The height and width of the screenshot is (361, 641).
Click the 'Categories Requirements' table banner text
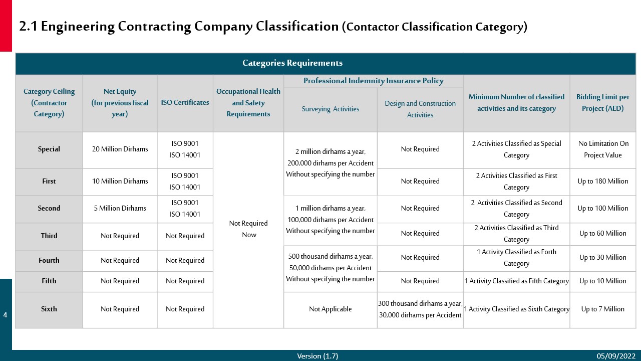[292, 63]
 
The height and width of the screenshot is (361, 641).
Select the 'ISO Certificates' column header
[185, 103]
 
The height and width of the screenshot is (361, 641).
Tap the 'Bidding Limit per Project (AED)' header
[602, 103]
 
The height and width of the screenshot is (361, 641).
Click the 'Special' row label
[49, 149]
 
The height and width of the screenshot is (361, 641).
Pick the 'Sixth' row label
[49, 309]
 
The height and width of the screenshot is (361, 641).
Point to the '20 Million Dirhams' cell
[120, 149]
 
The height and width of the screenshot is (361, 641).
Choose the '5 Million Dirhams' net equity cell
[120, 209]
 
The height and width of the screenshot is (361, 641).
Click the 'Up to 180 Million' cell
[602, 182]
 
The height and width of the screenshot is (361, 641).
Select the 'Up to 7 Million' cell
[602, 309]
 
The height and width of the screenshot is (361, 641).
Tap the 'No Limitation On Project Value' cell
[602, 149]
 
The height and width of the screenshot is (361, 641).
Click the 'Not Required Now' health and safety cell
[248, 229]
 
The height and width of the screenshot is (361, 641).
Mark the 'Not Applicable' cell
[330, 309]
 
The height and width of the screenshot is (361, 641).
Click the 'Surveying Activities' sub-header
[330, 109]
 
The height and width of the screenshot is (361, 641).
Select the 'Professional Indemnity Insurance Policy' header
[373, 81]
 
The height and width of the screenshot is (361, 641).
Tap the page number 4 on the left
[6, 315]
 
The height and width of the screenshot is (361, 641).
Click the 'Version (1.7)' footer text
[317, 356]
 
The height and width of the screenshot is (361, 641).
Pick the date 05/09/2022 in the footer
[615, 356]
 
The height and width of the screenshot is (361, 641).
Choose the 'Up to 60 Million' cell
[602, 234]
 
